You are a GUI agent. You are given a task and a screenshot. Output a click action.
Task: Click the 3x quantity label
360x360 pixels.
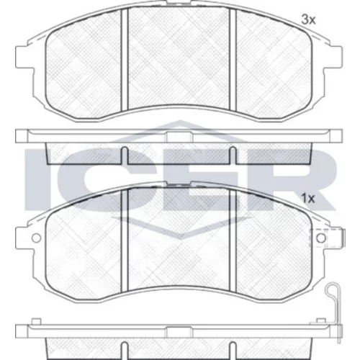308,19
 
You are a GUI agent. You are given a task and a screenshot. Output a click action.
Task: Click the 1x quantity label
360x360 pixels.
308,199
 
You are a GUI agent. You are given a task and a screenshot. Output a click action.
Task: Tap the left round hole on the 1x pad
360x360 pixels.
37,238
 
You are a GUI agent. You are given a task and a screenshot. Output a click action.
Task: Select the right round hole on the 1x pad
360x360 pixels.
321,238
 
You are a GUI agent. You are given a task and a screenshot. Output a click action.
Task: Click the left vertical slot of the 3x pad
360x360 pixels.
124,60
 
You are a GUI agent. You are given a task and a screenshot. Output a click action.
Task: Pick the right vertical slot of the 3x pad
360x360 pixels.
233,60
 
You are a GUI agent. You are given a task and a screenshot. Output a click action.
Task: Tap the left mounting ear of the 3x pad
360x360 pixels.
24,57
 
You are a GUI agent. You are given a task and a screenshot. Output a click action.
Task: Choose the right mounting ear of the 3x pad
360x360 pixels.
333,57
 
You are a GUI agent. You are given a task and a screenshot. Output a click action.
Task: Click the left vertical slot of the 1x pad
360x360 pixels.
124,240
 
